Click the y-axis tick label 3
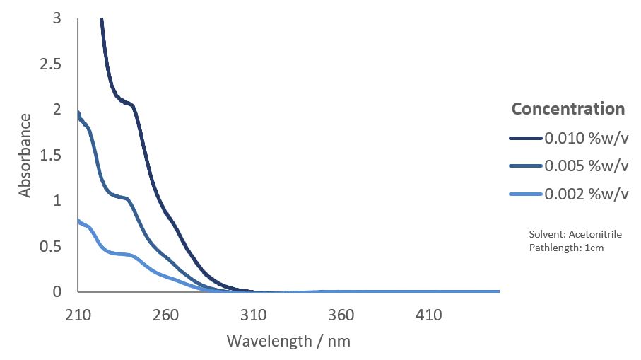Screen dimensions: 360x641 point(57,18)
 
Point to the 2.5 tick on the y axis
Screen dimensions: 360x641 point(52,64)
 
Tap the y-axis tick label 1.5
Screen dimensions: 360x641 point(52,156)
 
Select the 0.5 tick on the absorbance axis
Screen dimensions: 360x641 point(52,247)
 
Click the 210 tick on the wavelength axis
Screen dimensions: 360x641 point(78,315)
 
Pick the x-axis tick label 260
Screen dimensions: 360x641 point(165,315)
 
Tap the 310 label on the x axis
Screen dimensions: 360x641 point(254,315)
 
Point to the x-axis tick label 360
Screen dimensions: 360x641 point(341,315)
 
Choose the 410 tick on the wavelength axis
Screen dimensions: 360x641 point(429,315)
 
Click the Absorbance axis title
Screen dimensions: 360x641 point(25,155)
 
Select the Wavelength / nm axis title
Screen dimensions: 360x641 point(288,341)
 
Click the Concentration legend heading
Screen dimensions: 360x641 point(568,109)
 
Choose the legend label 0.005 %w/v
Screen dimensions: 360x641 point(587,166)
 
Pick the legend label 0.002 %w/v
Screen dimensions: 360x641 point(587,194)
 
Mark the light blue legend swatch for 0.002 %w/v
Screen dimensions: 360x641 point(526,194)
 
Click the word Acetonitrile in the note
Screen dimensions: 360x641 point(596,234)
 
